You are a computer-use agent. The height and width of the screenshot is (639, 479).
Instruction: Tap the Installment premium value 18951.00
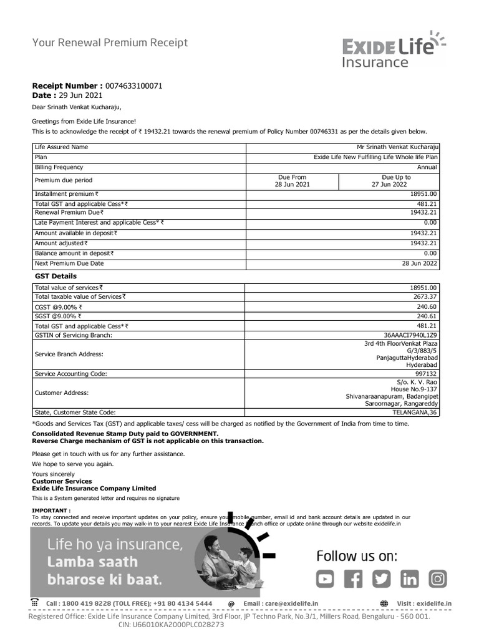(x=424, y=195)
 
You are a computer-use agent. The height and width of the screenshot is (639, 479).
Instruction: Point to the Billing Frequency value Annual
(x=427, y=167)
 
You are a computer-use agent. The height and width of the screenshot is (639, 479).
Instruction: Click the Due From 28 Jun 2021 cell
(x=292, y=181)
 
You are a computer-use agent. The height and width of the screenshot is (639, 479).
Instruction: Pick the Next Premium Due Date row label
(x=69, y=263)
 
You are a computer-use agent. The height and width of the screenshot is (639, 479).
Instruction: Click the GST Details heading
(x=56, y=276)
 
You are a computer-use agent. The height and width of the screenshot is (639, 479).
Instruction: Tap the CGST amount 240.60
(x=427, y=306)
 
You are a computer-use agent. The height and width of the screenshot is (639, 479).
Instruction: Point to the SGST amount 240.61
(x=427, y=316)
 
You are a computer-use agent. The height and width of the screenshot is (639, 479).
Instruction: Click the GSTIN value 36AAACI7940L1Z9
(x=411, y=335)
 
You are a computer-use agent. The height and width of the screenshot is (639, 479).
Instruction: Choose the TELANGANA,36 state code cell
(x=415, y=412)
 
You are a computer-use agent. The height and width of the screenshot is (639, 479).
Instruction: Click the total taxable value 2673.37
(x=425, y=297)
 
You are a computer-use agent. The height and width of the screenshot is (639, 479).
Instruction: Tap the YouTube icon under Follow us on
(x=324, y=579)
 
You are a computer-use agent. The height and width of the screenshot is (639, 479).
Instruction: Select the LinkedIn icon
(x=410, y=579)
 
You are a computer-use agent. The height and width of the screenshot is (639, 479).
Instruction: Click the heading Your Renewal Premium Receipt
(x=110, y=43)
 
